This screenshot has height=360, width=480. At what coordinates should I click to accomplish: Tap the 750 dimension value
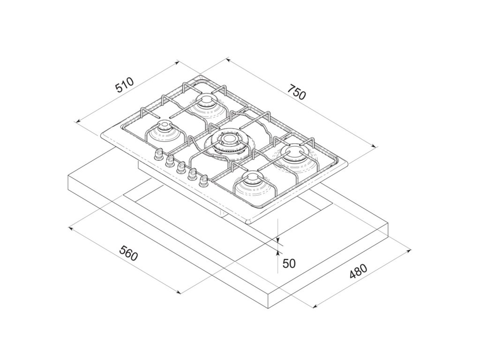click(297, 92)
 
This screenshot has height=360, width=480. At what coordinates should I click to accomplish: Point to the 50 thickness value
click(289, 263)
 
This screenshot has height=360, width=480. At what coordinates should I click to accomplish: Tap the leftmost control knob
click(158, 153)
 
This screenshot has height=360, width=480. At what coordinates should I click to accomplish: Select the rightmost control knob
click(203, 180)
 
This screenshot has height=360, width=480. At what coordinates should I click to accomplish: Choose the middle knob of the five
click(181, 167)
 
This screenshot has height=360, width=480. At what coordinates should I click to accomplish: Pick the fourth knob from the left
click(192, 173)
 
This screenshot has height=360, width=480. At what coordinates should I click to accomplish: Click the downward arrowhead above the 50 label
click(277, 240)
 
